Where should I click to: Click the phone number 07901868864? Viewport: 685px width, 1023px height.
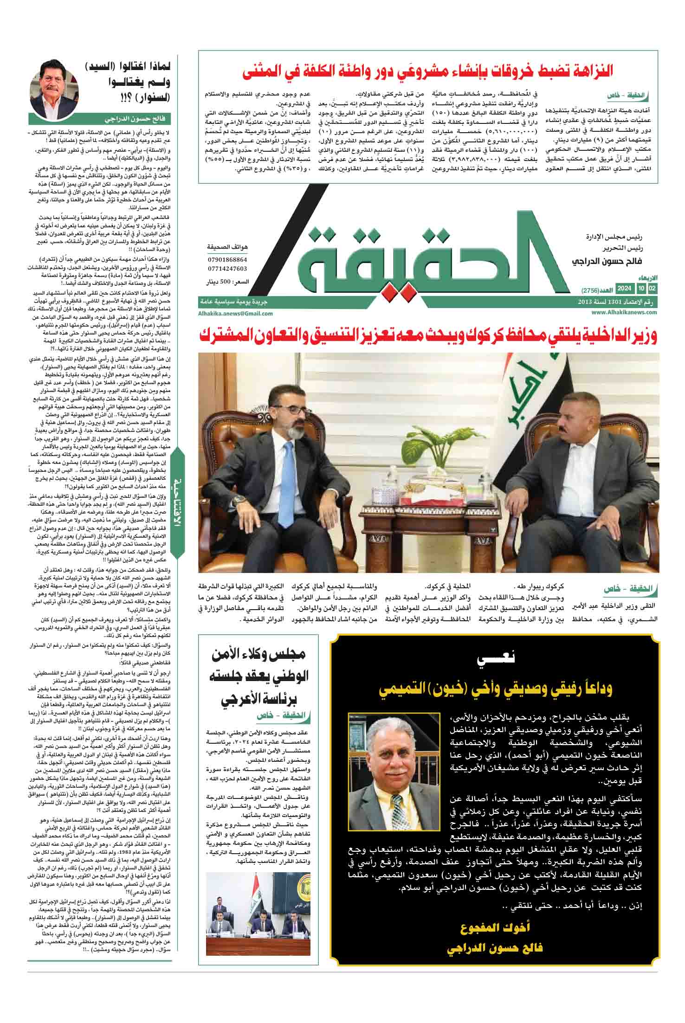(227, 260)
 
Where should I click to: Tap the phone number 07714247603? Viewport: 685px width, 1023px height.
(227, 269)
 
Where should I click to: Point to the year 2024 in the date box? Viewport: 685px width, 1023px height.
(624, 290)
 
